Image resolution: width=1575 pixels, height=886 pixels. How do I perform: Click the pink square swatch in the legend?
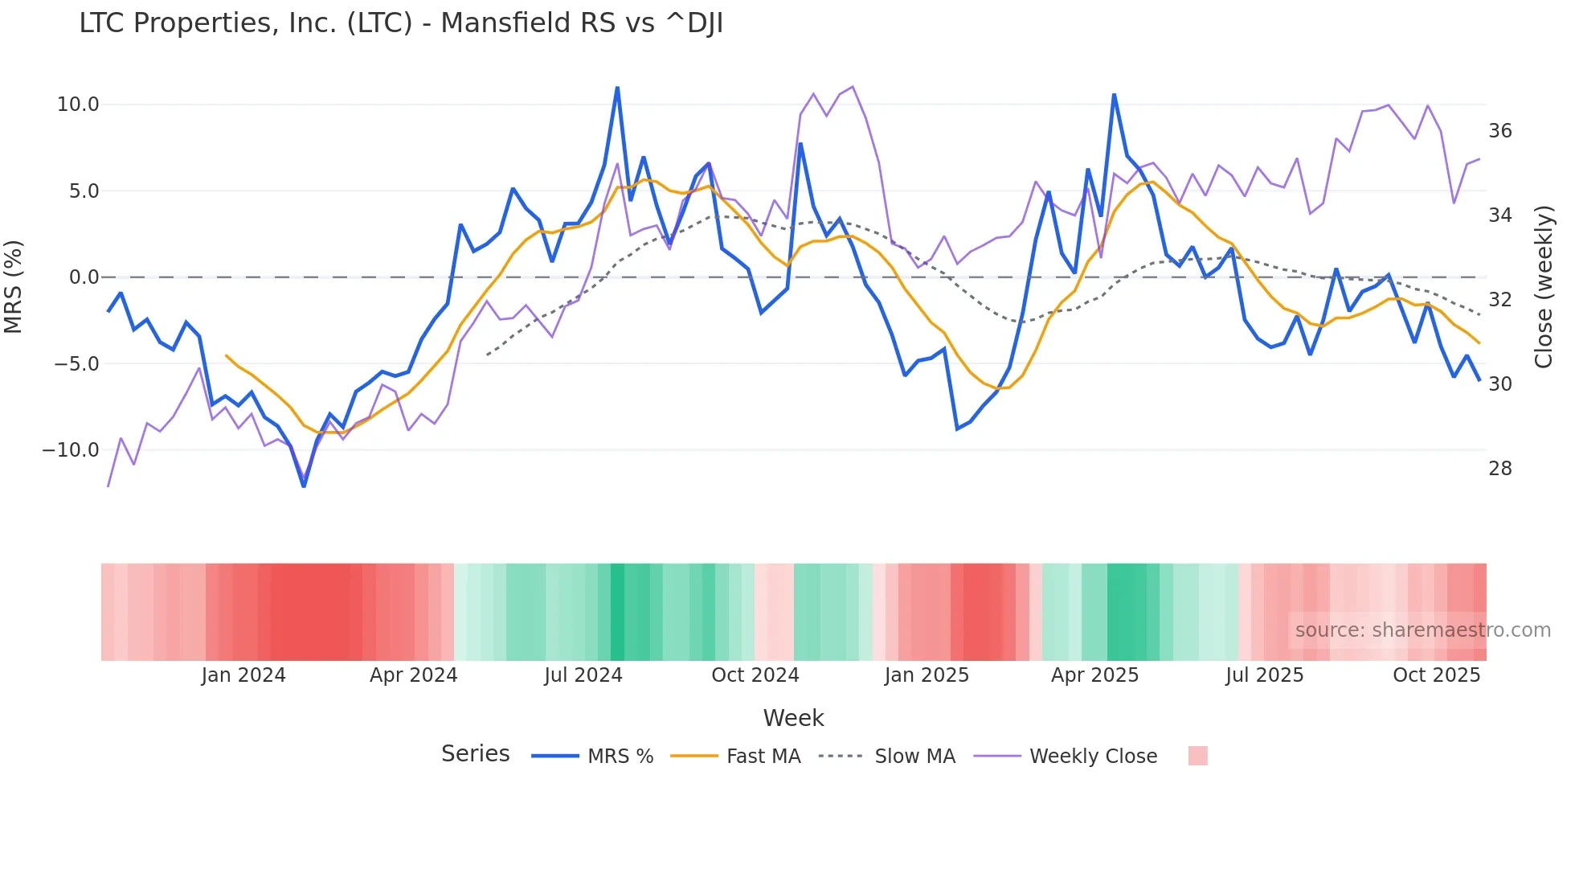(x=1197, y=756)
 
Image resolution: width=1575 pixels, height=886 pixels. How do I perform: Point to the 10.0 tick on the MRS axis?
(x=78, y=105)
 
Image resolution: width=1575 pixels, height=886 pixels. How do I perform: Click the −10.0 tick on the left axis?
(x=71, y=450)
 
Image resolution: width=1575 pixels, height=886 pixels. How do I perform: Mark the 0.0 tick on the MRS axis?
(x=84, y=277)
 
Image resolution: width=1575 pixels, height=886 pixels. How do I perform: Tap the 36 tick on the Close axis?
(x=1500, y=131)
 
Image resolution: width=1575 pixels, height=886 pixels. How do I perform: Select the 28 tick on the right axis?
(x=1500, y=469)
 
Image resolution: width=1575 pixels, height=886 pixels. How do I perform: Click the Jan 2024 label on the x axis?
(x=243, y=675)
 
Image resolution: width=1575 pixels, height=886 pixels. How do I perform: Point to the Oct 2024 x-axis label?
(x=755, y=675)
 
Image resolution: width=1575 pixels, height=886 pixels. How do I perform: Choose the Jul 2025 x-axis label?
(x=1265, y=675)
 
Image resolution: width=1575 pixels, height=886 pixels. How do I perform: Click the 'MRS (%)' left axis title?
(x=14, y=286)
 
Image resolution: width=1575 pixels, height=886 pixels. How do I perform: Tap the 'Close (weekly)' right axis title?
(x=1544, y=287)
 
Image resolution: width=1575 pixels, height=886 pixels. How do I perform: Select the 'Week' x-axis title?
(x=793, y=718)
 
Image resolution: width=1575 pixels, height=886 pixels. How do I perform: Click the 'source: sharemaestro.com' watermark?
(x=1422, y=630)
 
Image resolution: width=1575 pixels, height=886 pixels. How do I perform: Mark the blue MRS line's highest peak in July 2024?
(x=617, y=87)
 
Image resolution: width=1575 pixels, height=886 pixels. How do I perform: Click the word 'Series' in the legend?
(x=475, y=754)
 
